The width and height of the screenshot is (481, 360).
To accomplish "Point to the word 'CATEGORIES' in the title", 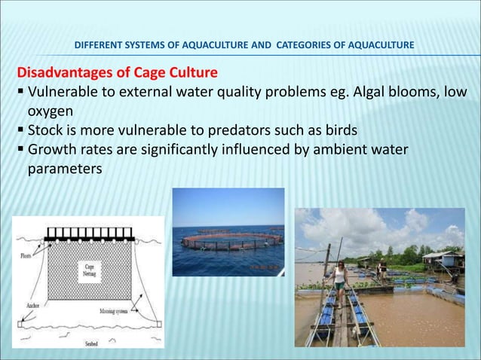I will pos(306,46).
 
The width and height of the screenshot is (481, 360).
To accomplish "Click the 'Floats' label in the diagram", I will pos(27,255).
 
